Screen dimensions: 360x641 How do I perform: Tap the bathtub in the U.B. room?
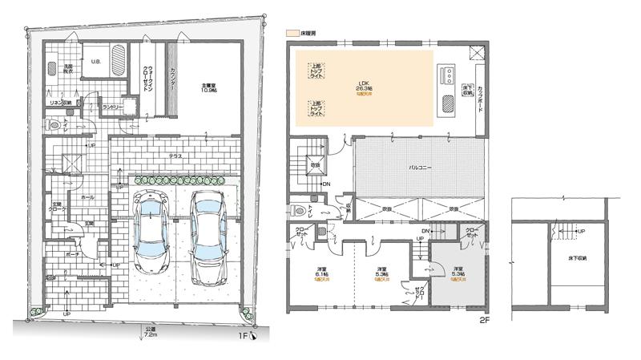click(x=118, y=60)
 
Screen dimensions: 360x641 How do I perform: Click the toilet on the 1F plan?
click(x=54, y=125)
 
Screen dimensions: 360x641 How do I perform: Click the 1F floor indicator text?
click(x=242, y=338)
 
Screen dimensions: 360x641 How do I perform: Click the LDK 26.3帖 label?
click(x=363, y=87)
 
